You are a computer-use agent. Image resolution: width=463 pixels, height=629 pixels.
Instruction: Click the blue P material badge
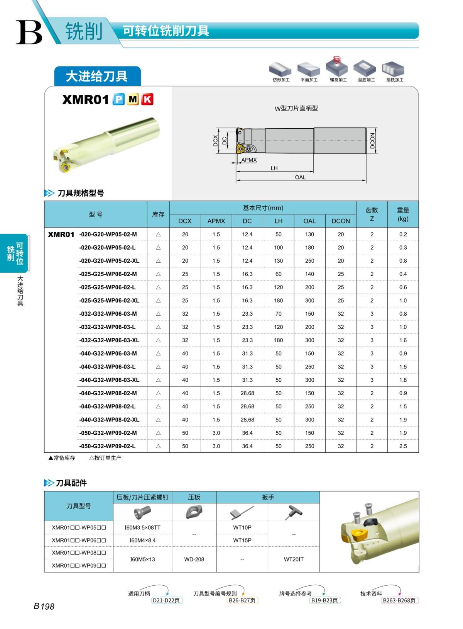tap(118, 100)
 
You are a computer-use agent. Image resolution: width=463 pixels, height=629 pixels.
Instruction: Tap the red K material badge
tap(147, 100)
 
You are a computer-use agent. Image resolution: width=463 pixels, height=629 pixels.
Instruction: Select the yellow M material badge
tap(133, 100)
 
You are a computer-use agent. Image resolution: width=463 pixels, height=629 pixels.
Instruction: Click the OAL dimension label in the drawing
tap(300, 177)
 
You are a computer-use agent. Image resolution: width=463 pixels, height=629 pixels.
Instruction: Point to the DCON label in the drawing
tap(372, 141)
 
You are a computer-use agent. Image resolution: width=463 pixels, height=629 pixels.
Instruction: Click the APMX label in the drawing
tap(249, 160)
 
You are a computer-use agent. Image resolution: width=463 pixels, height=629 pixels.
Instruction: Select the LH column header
tap(278, 221)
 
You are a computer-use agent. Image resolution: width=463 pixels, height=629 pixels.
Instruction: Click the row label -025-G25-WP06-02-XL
tap(109, 301)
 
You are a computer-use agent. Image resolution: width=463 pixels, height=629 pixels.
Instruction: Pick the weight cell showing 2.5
tap(403, 446)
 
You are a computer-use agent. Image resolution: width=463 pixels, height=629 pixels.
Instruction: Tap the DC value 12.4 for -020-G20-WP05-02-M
tap(247, 235)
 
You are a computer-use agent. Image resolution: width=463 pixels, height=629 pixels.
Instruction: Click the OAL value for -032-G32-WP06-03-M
tap(309, 314)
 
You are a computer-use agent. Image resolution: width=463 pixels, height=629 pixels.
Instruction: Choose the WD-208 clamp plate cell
tap(194, 559)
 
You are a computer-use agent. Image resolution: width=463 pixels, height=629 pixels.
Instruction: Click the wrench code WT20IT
tap(294, 559)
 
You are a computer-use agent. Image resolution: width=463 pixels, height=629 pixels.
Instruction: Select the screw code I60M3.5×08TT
tap(142, 527)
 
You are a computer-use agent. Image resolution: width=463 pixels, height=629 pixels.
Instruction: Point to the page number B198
tap(44, 607)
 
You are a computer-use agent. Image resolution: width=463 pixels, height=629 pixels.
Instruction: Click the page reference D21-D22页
tap(166, 600)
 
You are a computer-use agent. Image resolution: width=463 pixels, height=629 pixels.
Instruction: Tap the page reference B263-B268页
tap(399, 600)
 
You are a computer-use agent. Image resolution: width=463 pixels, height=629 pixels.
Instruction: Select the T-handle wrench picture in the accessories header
tap(294, 512)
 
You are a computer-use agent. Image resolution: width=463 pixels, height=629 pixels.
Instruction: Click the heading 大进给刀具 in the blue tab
tap(97, 76)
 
